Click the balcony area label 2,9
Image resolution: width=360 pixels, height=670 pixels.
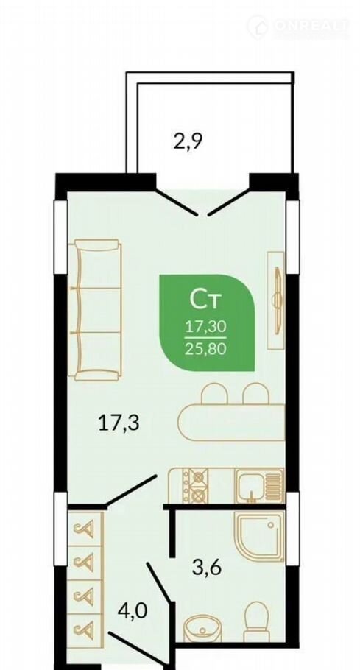(187, 141)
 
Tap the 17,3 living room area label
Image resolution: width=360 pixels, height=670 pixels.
(119, 423)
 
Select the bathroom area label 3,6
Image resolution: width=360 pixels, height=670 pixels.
(207, 568)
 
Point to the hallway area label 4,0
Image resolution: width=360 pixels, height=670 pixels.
(133, 610)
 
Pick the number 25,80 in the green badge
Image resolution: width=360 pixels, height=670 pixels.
(205, 350)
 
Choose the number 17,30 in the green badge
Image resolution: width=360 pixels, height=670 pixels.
(205, 328)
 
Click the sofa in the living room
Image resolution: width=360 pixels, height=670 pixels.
(95, 310)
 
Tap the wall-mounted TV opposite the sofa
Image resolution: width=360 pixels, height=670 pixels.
(278, 301)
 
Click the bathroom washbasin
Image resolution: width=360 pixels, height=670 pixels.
(202, 628)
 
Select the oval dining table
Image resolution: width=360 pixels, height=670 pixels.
(231, 423)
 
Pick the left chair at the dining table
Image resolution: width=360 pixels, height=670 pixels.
(214, 394)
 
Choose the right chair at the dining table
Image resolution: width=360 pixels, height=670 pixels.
(255, 394)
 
